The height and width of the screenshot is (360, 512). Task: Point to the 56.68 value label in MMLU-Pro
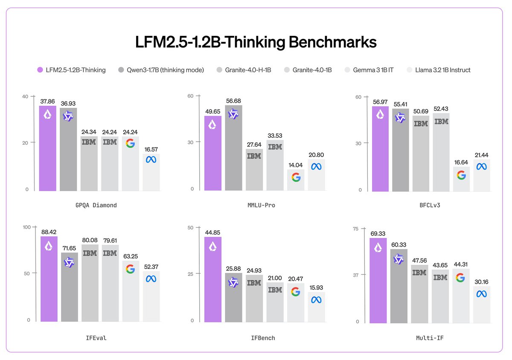coord(233,101)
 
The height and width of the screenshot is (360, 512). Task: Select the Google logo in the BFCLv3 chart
coord(461,175)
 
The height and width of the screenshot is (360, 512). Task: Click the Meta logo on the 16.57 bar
coord(151,160)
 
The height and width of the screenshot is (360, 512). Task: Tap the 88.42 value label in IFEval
coord(49,232)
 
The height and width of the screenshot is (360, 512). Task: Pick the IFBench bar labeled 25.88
coord(233,297)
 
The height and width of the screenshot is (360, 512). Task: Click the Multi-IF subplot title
coord(432,338)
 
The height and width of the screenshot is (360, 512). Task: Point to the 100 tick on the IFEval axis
coord(26,227)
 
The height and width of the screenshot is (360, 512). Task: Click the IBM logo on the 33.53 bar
coord(275,147)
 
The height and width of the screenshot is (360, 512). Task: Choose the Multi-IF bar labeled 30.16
coord(482,304)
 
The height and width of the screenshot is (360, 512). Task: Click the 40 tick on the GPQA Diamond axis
coord(25,96)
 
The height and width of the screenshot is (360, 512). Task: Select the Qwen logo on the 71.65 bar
coord(69,262)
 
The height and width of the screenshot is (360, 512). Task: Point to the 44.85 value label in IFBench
coord(213,232)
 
